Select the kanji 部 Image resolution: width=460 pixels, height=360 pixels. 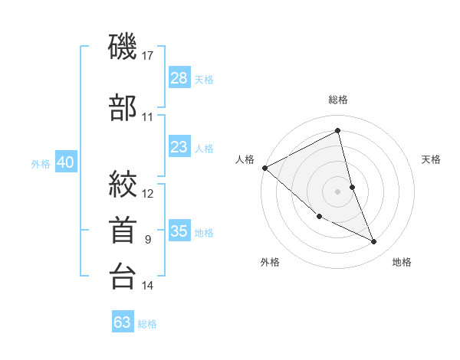click(123, 108)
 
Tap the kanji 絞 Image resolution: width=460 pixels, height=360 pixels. click(123, 184)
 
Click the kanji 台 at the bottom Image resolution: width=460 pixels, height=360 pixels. click(123, 277)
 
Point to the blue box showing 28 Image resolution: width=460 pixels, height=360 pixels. click(179, 79)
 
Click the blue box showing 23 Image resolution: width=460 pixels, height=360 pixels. click(179, 147)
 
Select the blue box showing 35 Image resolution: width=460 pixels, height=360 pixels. click(179, 231)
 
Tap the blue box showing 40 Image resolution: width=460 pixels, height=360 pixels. click(65, 162)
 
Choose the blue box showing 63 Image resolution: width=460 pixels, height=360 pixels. click(123, 322)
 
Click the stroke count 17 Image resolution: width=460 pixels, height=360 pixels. click(148, 55)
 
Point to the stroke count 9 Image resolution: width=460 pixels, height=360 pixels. click(148, 240)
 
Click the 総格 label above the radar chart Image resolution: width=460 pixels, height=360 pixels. click(338, 100)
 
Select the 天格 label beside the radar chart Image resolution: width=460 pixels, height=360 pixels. click(432, 159)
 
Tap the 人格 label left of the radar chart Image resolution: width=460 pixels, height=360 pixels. click(245, 159)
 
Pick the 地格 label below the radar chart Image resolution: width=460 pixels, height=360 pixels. click(402, 262)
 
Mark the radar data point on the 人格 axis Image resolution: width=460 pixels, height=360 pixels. click(264, 168)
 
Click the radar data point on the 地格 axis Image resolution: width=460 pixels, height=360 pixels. click(374, 242)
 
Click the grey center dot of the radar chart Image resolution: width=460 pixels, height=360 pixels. click(338, 191)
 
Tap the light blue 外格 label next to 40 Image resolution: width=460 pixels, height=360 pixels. click(41, 163)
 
